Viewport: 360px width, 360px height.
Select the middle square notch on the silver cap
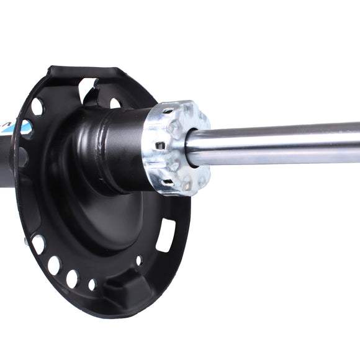[x=161, y=146]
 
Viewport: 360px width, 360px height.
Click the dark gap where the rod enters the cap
[x=189, y=149]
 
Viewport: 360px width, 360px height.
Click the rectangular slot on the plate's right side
[x=164, y=236]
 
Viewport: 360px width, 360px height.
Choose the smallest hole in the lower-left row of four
[x=92, y=285]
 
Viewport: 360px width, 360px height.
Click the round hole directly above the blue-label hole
[x=37, y=107]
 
